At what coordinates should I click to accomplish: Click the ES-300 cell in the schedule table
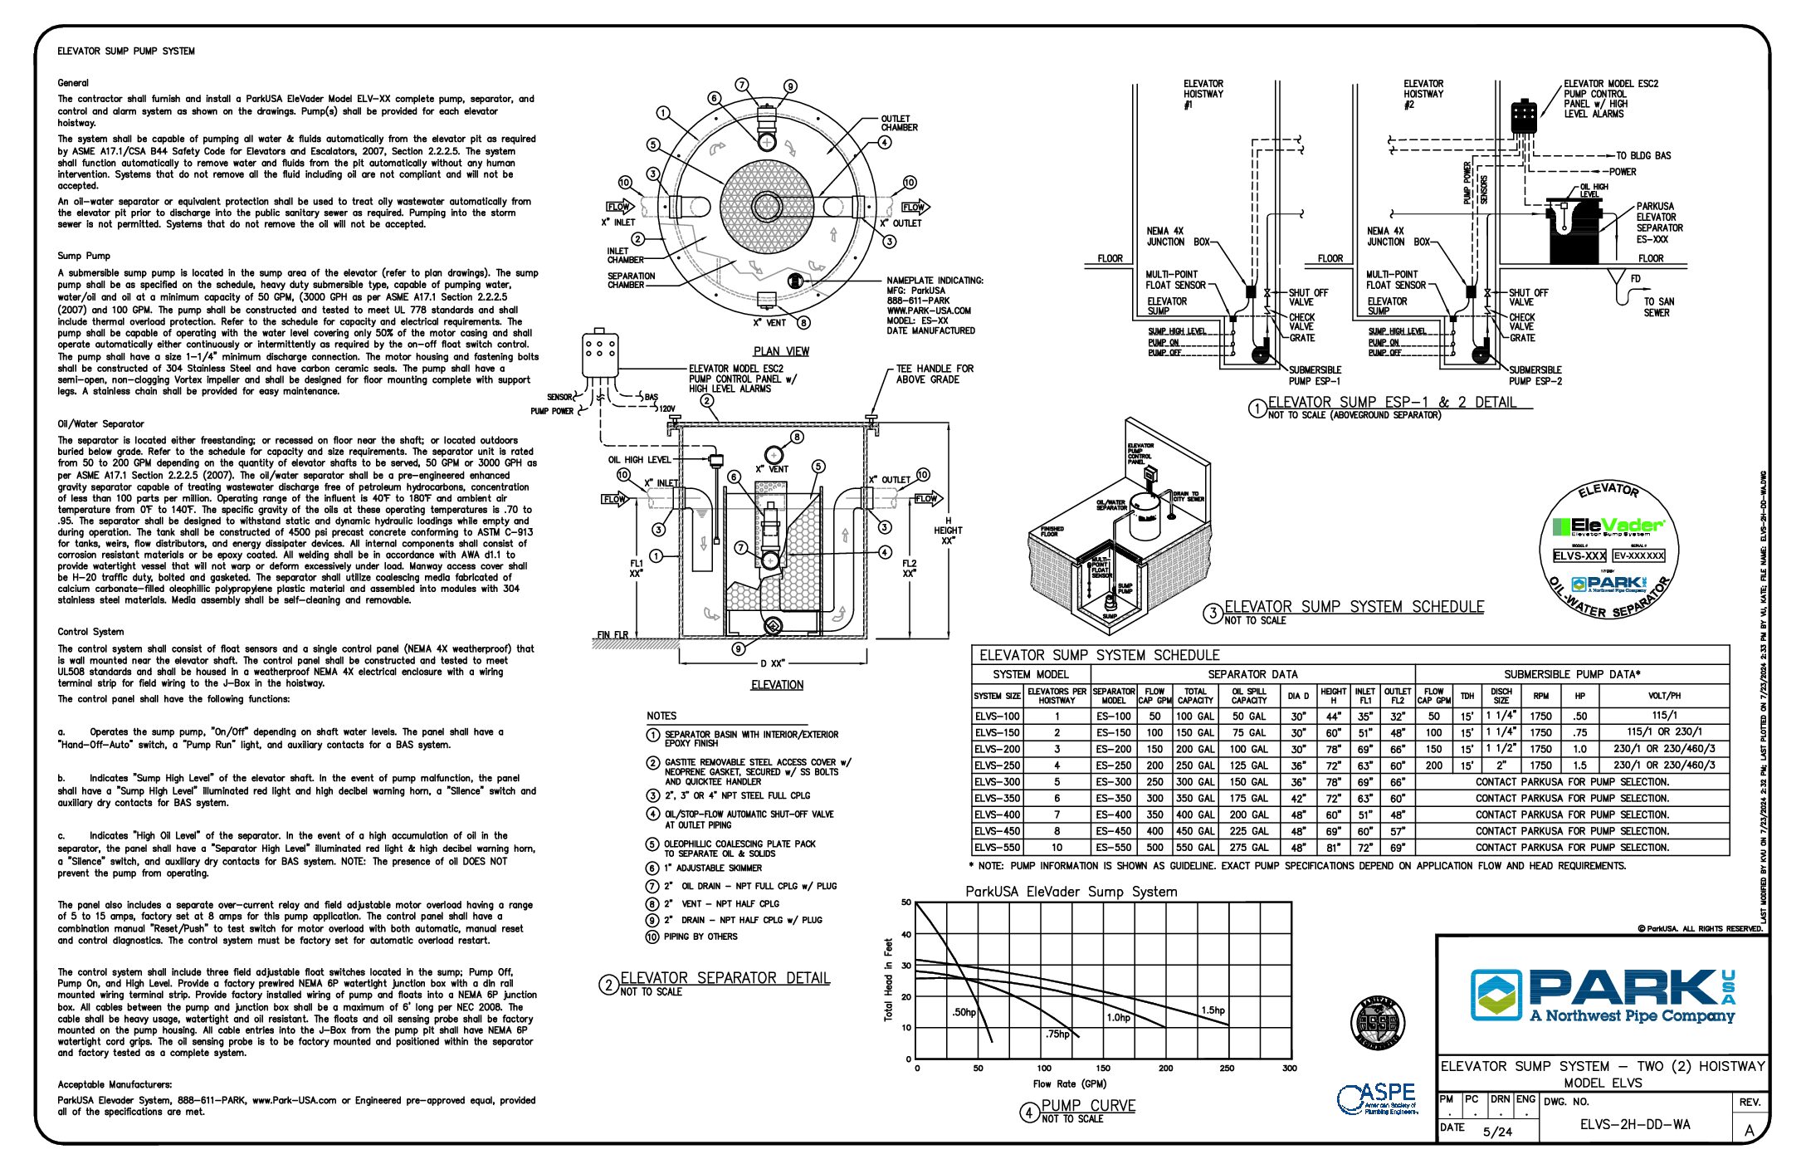click(x=1113, y=782)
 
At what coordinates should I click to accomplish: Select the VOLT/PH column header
click(x=1663, y=696)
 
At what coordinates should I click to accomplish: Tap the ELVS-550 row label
click(x=997, y=848)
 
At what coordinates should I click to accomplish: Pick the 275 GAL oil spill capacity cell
click(x=1248, y=848)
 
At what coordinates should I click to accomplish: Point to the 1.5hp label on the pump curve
click(x=1213, y=1010)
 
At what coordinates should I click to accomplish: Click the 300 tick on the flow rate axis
click(x=1289, y=1069)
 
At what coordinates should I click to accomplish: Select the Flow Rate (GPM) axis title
click(x=1069, y=1084)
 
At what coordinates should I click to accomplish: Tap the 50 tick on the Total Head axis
click(x=906, y=902)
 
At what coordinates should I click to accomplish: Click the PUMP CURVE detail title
click(x=1087, y=1106)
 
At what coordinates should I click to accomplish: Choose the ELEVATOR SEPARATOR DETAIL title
click(x=725, y=978)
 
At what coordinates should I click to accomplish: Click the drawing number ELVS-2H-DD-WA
click(x=1634, y=1125)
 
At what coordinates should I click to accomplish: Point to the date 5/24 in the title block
click(x=1497, y=1132)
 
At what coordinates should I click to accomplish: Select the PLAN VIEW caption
click(x=781, y=351)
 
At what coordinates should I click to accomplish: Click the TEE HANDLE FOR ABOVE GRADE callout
click(x=934, y=374)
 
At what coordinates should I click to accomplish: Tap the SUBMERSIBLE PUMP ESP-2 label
click(x=1535, y=375)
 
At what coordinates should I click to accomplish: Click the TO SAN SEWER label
click(x=1658, y=307)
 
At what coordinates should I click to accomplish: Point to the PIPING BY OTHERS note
click(x=700, y=937)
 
